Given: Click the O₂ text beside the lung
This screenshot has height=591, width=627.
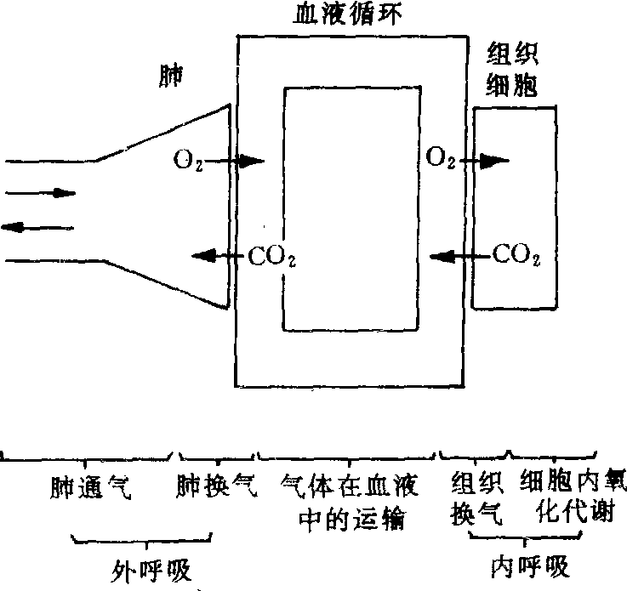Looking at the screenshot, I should pos(188,159).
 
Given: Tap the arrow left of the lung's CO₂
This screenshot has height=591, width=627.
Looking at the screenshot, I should pos(217,253).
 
